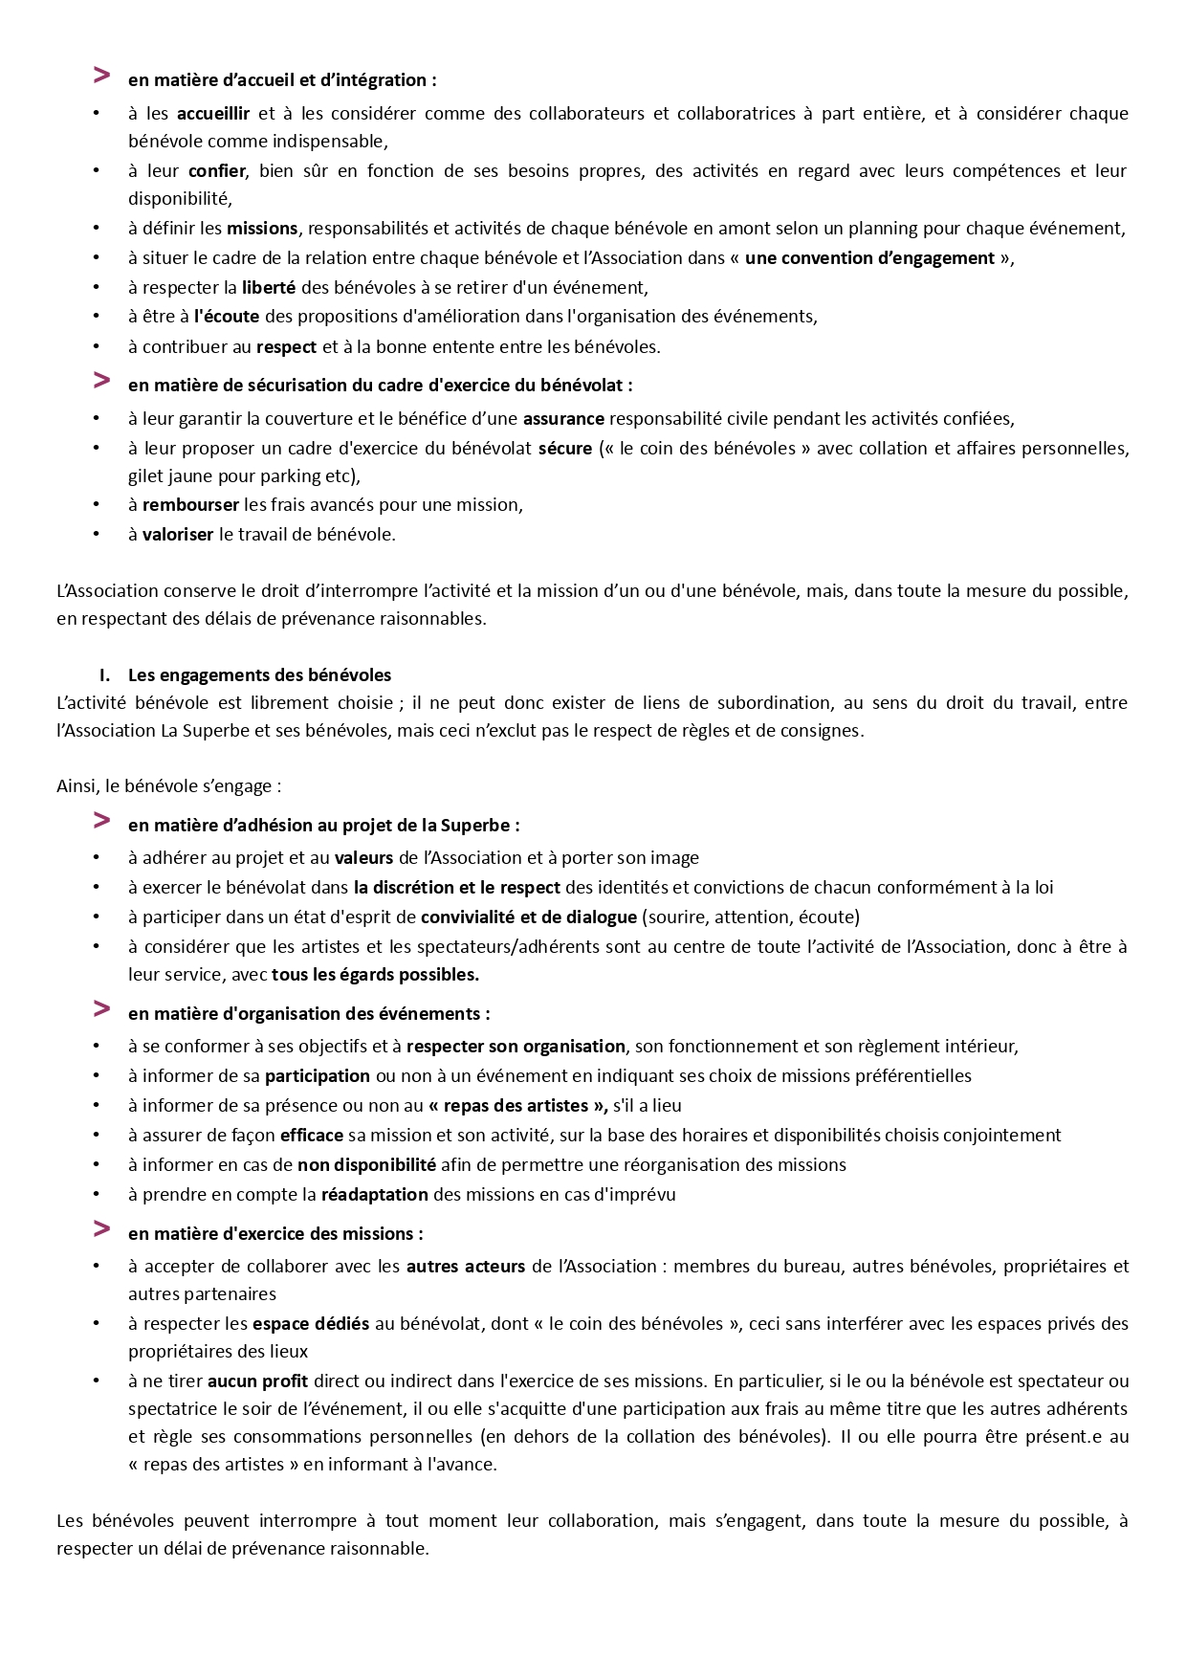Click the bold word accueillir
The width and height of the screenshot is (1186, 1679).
click(213, 114)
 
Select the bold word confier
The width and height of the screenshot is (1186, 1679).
click(217, 171)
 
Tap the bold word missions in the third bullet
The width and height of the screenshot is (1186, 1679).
click(262, 229)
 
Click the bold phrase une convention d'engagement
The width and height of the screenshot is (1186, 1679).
click(869, 258)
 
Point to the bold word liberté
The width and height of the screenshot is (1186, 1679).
click(269, 288)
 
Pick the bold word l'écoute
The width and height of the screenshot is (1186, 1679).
click(227, 317)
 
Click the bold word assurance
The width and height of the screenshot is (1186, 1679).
click(563, 419)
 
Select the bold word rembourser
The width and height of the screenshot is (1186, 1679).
click(190, 505)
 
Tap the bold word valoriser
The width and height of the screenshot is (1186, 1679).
click(178, 535)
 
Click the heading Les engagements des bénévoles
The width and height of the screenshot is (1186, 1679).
click(259, 675)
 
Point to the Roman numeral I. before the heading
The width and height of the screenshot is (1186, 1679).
click(106, 675)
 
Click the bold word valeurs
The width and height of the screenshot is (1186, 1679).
click(363, 858)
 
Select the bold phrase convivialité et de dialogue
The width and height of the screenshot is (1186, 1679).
click(529, 917)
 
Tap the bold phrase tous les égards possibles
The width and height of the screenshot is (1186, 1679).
click(375, 976)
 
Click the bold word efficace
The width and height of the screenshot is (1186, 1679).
click(312, 1136)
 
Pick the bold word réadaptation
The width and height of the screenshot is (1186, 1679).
click(375, 1195)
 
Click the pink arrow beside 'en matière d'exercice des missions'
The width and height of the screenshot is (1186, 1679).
click(101, 1228)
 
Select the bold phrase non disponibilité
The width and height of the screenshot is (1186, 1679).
click(366, 1165)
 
